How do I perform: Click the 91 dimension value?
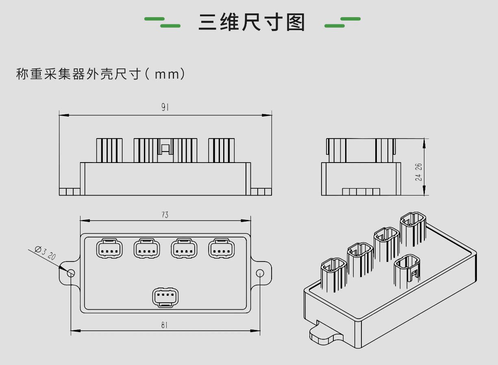[x=165, y=108]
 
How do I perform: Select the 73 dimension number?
[x=165, y=215]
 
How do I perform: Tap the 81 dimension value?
[x=164, y=325]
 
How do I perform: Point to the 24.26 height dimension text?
[x=418, y=172]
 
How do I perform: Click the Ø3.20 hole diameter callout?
[x=46, y=253]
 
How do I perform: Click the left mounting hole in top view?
[x=71, y=273]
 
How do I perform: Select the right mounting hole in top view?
[x=260, y=273]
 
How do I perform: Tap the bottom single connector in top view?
[x=165, y=298]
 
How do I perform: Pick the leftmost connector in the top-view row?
[x=109, y=248]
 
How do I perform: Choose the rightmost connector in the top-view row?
[x=222, y=248]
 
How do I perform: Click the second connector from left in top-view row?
[x=147, y=248]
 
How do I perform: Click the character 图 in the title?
[x=296, y=22]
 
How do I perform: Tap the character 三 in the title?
[x=207, y=22]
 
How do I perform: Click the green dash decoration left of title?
[x=162, y=22]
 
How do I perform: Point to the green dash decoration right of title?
[x=342, y=22]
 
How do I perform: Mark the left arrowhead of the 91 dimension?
[x=64, y=115]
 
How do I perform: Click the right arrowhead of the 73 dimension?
[x=246, y=221]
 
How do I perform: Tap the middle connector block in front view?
[x=165, y=150]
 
